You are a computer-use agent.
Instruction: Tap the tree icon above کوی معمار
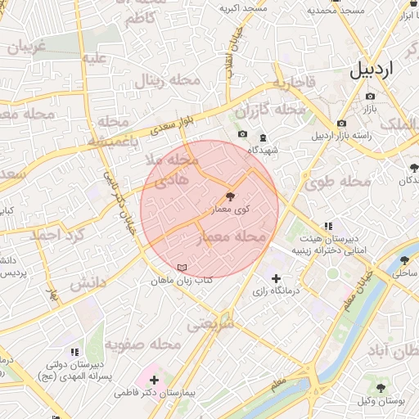(229, 196)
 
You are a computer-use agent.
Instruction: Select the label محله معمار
(233, 237)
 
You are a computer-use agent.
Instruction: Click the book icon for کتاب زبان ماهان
(182, 268)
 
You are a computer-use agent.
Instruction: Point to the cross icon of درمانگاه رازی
(276, 279)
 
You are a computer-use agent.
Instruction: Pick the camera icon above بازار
(369, 97)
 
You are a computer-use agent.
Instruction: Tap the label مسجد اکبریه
(242, 9)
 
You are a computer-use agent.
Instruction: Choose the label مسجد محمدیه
(335, 11)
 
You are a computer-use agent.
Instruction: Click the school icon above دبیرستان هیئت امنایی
(328, 226)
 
